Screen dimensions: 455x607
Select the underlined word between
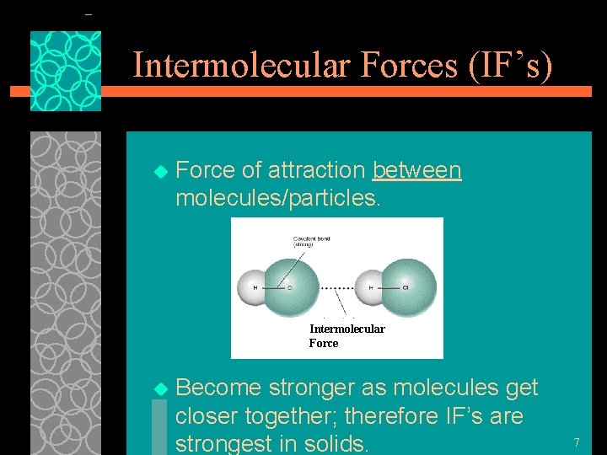(417, 170)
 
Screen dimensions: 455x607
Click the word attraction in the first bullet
(317, 170)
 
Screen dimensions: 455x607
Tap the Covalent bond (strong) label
(311, 241)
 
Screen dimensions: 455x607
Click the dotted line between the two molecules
(337, 287)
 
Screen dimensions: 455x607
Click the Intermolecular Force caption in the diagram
(346, 335)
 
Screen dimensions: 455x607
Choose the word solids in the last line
(333, 444)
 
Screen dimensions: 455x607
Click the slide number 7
(577, 442)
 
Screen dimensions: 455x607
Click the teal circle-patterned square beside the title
(66, 72)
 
